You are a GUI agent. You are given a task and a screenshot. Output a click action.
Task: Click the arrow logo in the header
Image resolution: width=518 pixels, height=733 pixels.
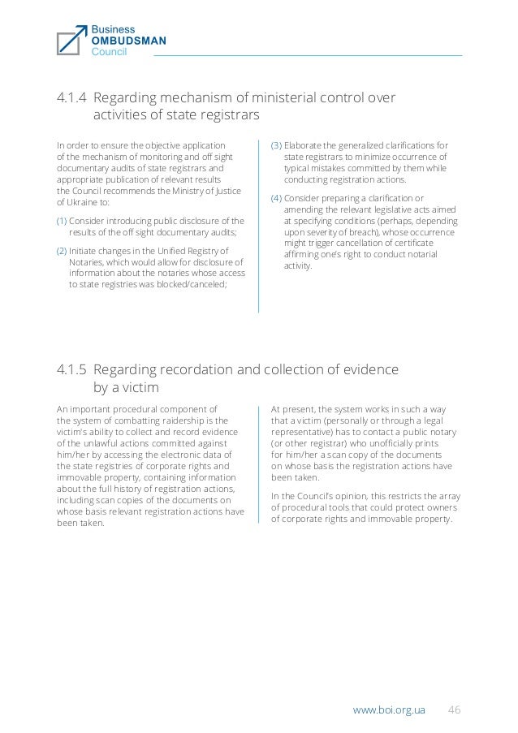click(x=71, y=39)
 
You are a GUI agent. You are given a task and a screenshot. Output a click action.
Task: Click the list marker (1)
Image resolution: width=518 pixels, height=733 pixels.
click(x=62, y=221)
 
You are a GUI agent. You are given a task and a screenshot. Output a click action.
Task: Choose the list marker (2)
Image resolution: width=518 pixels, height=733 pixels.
click(x=62, y=250)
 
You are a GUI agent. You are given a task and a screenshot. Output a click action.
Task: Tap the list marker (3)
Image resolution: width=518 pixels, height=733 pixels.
click(x=276, y=146)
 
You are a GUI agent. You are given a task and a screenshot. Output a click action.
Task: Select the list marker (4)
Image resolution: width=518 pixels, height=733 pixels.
click(x=276, y=199)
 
